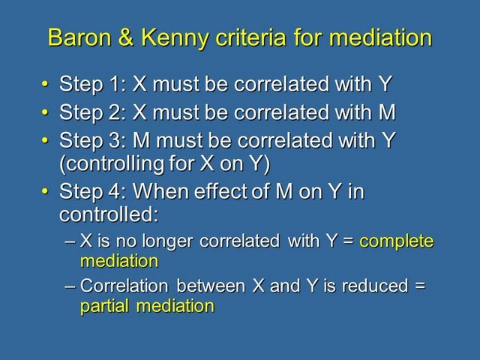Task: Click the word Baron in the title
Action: (79, 37)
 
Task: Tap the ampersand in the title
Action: (126, 37)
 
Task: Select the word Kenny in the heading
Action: (175, 38)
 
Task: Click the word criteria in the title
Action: (250, 37)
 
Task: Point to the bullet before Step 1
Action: (45, 84)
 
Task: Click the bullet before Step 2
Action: (45, 112)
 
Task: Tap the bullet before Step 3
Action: (45, 140)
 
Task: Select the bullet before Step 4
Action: (45, 191)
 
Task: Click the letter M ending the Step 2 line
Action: (387, 112)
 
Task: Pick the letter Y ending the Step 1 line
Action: (385, 84)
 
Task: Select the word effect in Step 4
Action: (222, 191)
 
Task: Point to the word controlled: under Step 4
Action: (109, 214)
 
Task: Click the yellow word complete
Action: (397, 241)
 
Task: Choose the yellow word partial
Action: (104, 307)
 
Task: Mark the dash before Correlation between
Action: (70, 286)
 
